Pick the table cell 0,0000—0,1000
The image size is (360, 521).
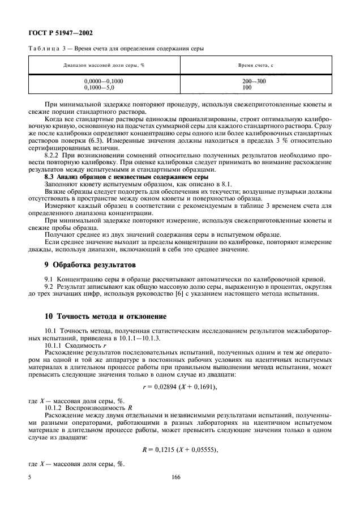click(104, 82)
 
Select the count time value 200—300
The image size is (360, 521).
click(254, 82)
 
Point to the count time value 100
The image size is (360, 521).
click(247, 88)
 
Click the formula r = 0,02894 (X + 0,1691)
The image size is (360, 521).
click(179, 387)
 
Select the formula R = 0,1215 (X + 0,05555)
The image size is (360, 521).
click(179, 450)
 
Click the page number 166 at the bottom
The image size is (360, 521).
click(175, 478)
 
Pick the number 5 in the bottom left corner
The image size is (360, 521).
click(29, 478)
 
